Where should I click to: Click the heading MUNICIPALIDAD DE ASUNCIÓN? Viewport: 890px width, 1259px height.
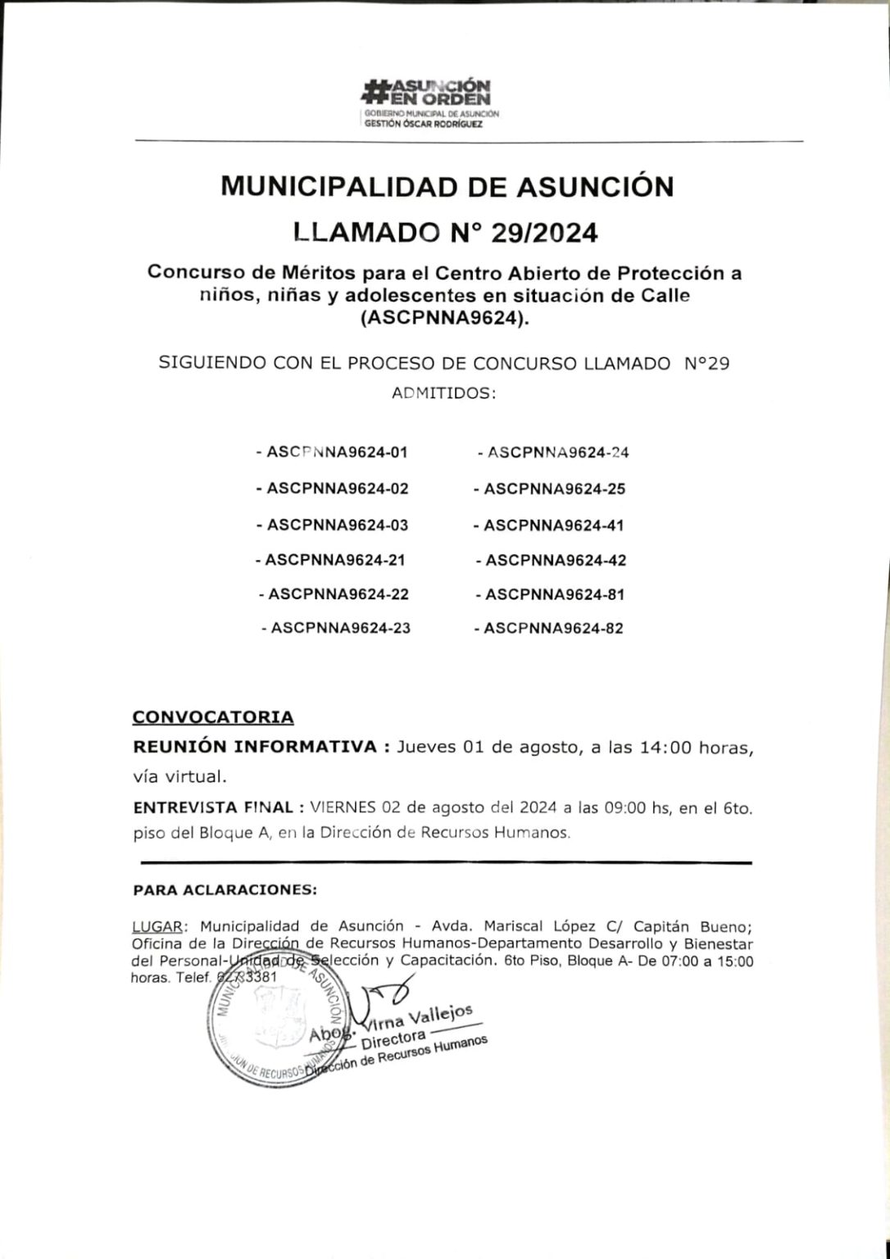pyautogui.click(x=447, y=187)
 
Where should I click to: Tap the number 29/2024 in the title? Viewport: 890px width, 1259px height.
pyautogui.click(x=544, y=234)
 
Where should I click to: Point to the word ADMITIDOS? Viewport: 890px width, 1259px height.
pyautogui.click(x=444, y=393)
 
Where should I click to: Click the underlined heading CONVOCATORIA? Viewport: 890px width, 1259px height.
pyautogui.click(x=213, y=717)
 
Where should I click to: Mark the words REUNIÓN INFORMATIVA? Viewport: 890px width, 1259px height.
pyautogui.click(x=255, y=748)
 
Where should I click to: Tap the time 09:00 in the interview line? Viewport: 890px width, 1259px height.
pyautogui.click(x=625, y=807)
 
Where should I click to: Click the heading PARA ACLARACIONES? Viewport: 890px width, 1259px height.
pyautogui.click(x=225, y=889)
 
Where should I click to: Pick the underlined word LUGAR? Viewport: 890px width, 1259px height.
pyautogui.click(x=157, y=926)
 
